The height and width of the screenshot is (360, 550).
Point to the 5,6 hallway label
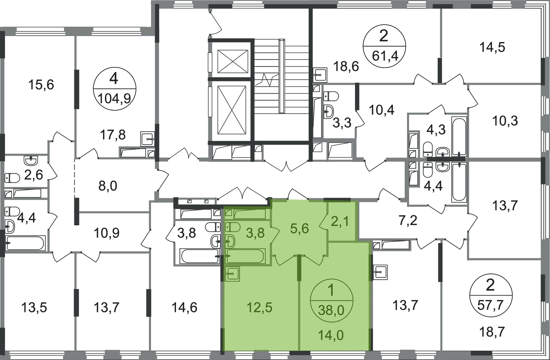299,229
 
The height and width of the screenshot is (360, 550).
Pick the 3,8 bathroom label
255,233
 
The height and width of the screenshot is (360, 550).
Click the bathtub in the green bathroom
245,257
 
